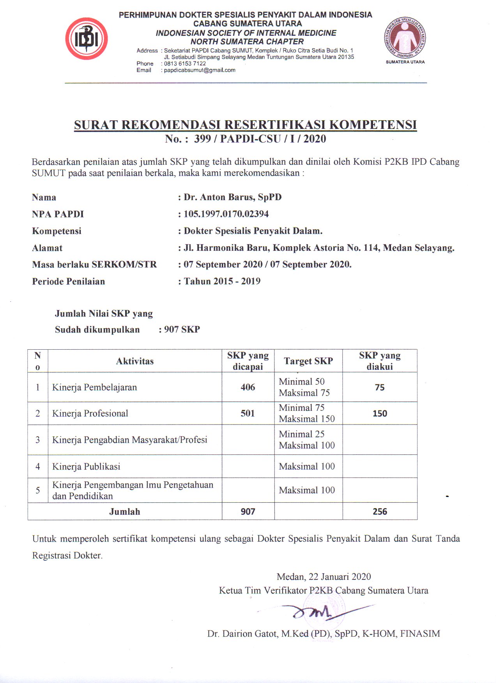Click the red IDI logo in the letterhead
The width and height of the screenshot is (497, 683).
point(86,39)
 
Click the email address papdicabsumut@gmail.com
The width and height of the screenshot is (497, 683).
point(200,70)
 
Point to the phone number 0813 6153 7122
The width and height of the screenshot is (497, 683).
point(185,63)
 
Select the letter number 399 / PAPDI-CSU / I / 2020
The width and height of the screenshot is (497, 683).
point(260,139)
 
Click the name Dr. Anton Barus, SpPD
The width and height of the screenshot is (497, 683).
point(233,197)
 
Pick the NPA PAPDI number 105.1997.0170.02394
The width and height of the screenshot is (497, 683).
point(226,214)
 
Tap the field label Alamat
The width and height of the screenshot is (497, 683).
point(47,248)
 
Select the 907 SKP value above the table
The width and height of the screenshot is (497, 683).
point(182,329)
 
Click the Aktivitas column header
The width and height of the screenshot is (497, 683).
point(135,361)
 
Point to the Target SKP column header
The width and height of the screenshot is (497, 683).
point(308,361)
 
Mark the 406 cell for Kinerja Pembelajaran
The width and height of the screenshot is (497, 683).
point(248,387)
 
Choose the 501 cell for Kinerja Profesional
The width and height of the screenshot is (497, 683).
point(248,413)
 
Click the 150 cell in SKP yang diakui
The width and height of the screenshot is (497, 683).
point(380,414)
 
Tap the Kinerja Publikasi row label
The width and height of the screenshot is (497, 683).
point(86,466)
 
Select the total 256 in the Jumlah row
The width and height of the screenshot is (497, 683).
point(380,511)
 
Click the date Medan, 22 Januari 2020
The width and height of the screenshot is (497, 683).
point(324,577)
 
